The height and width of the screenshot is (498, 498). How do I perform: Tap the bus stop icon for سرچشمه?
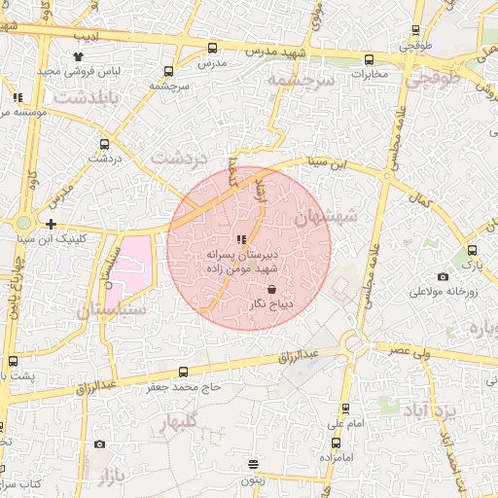pyautogui.click(x=169, y=71)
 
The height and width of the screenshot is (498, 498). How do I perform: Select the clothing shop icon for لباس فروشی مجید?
pyautogui.click(x=79, y=57)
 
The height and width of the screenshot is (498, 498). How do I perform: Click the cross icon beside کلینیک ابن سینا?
pyautogui.click(x=51, y=224)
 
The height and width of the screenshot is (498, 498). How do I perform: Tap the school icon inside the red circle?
pyautogui.click(x=241, y=239)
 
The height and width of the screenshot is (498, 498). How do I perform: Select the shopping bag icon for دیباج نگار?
pyautogui.click(x=271, y=290)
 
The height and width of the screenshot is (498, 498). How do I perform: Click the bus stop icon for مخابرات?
pyautogui.click(x=369, y=59)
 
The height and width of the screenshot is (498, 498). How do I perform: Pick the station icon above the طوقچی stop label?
pyautogui.click(x=416, y=30)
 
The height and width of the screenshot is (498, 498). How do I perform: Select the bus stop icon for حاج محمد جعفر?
pyautogui.click(x=184, y=372)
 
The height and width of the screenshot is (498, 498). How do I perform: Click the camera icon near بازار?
pyautogui.click(x=99, y=445)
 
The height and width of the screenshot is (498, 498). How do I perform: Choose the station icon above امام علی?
pyautogui.click(x=345, y=409)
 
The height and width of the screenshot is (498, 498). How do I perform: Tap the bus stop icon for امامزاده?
pyautogui.click(x=322, y=453)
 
